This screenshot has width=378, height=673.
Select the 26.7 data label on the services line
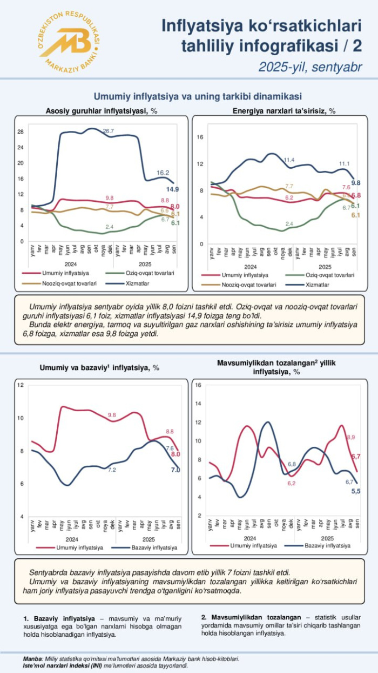(109, 131)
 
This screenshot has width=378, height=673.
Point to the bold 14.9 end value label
(173, 189)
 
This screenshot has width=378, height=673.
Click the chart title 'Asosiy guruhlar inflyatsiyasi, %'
(101, 111)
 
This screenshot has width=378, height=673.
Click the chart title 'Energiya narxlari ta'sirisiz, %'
(284, 111)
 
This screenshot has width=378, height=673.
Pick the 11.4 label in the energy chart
(289, 160)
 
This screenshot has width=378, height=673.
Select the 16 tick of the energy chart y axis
(200, 137)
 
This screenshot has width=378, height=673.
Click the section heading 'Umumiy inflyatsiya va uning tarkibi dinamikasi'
(190, 96)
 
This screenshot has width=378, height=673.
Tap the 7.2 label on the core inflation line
(112, 470)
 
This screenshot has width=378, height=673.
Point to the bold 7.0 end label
(175, 470)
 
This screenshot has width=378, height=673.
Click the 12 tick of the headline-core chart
(20, 385)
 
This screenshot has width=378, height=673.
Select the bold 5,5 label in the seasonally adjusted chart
(356, 491)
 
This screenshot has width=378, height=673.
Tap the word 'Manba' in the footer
(32, 658)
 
